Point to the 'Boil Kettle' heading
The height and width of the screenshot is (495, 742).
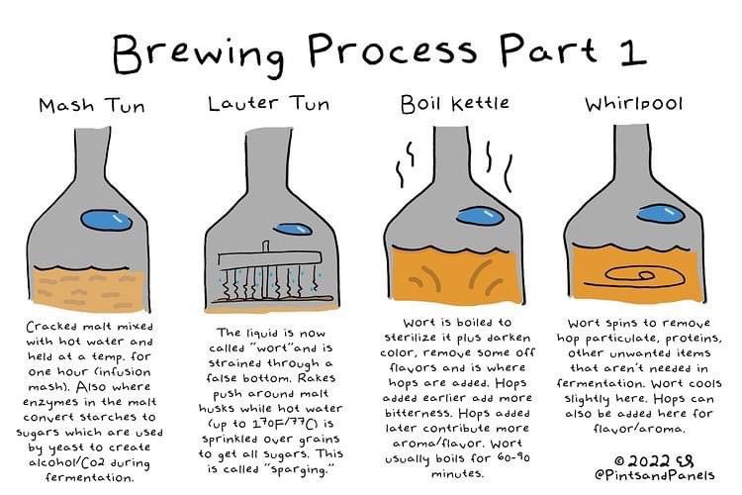[454, 103]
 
